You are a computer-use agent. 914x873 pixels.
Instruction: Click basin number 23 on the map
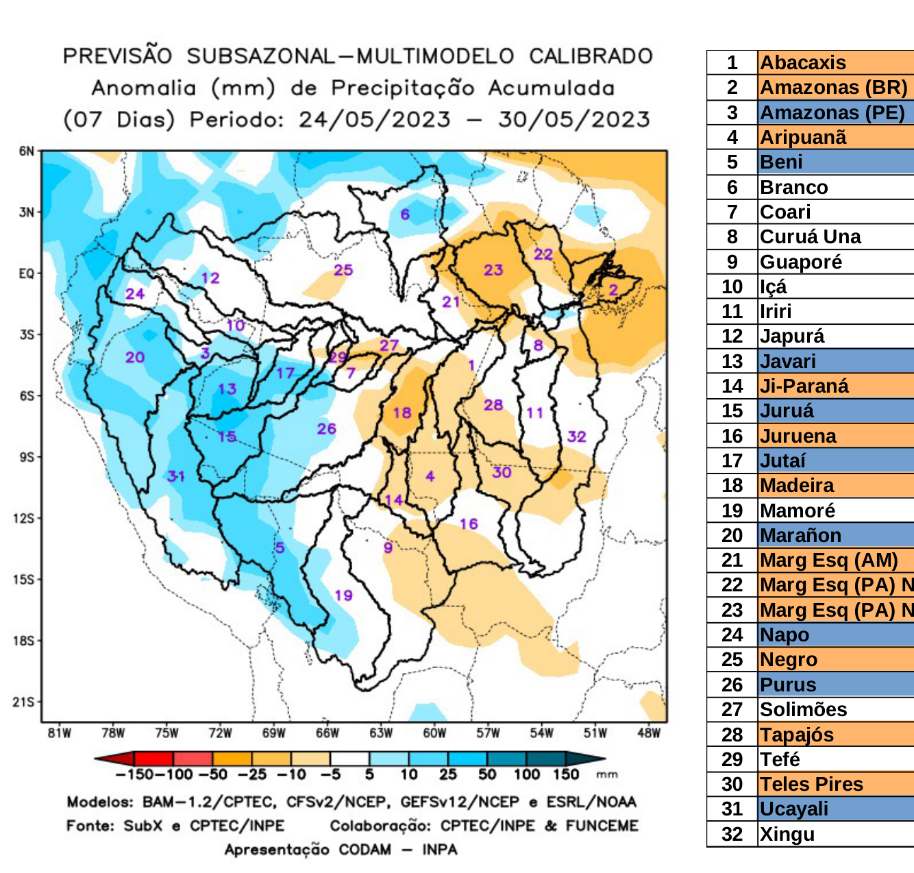493,270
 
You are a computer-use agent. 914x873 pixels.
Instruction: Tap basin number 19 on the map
343,595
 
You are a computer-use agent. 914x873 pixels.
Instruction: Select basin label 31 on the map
176,476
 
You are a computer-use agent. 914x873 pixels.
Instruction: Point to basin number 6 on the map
405,214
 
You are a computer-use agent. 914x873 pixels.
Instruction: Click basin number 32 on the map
576,436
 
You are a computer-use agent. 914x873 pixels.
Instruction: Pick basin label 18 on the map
402,413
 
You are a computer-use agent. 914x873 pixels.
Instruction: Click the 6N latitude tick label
26,151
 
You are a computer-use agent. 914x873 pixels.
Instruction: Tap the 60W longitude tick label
434,733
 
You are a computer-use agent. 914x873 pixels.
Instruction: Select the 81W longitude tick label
60,733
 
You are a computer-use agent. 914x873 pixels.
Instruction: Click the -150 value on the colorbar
129,775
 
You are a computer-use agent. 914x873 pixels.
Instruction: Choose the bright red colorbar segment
154,759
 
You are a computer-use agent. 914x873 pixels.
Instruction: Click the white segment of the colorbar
349,759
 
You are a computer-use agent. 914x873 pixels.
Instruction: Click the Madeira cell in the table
798,486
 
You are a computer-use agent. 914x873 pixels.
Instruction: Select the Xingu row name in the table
787,835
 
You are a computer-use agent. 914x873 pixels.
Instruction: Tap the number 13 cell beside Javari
732,361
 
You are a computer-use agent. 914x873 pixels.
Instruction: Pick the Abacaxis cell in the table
803,62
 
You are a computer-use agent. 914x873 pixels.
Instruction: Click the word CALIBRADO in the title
591,56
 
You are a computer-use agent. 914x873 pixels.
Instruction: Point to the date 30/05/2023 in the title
573,120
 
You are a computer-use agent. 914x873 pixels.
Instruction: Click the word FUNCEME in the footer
602,826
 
